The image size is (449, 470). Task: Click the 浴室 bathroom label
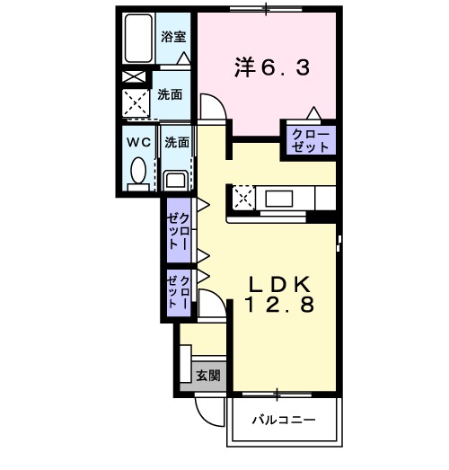(172, 37)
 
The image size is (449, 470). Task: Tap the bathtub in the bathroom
(138, 41)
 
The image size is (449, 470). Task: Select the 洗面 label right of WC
(176, 141)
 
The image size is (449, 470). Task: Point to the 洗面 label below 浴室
(171, 93)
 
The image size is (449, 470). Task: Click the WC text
(136, 141)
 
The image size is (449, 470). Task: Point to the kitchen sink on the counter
(277, 197)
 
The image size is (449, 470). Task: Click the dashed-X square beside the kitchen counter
(242, 197)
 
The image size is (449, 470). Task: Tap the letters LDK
(279, 282)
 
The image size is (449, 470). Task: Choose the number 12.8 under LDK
(279, 305)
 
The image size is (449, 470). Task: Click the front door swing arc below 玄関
(208, 413)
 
